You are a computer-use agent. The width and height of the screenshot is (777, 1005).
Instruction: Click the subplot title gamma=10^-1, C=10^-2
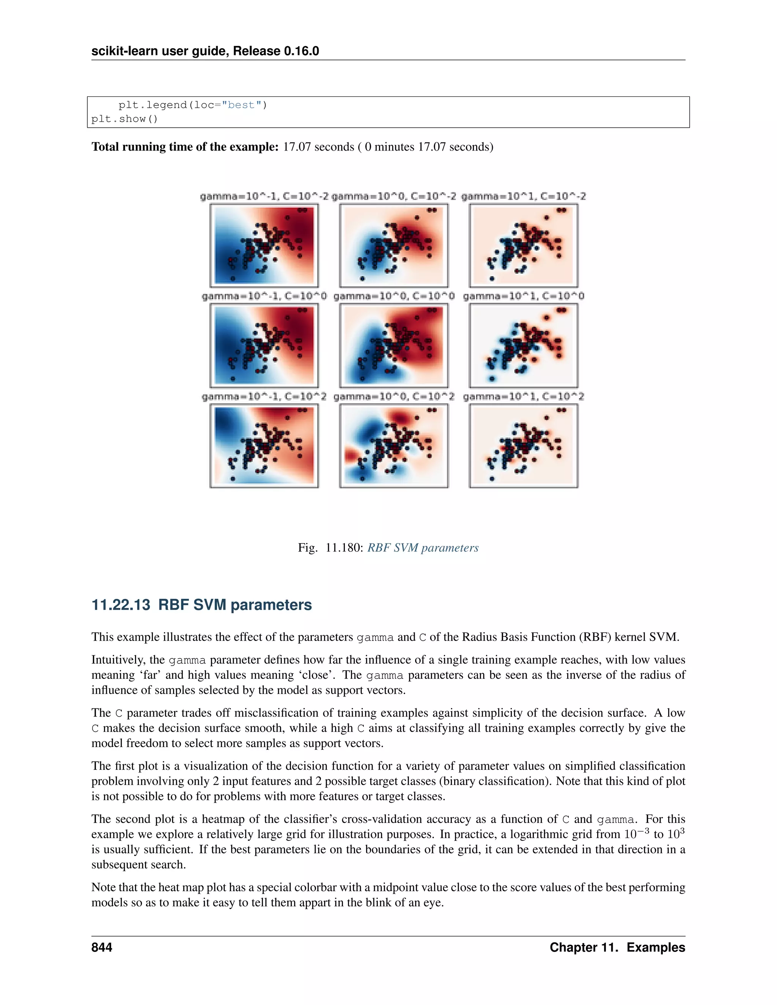[264, 196]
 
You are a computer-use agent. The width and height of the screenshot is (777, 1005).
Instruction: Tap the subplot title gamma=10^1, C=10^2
[523, 396]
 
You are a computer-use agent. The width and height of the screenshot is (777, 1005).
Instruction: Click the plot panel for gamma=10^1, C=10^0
[523, 345]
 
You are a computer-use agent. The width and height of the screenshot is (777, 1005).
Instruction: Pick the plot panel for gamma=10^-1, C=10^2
[264, 446]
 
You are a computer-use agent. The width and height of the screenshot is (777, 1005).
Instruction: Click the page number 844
[102, 947]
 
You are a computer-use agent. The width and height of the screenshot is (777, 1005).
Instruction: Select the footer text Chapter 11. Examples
[617, 947]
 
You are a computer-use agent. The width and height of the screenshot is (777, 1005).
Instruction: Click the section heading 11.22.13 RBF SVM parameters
[201, 605]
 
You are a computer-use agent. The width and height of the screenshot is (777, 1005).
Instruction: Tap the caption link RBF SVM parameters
[423, 548]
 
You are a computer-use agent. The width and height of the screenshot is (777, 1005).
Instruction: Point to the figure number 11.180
[343, 548]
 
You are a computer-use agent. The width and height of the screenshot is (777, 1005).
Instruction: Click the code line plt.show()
[124, 119]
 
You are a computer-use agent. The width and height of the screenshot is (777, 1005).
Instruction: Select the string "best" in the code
[241, 105]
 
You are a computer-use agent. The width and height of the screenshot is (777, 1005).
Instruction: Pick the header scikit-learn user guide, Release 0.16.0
[205, 51]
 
